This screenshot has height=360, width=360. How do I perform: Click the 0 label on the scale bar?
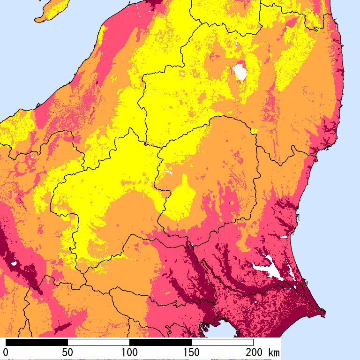pyautogui.click(x=6, y=352)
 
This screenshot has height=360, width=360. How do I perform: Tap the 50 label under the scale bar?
pyautogui.click(x=67, y=352)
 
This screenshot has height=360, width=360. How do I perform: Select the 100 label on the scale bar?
pyautogui.click(x=129, y=352)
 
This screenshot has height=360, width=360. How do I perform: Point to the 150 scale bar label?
pyautogui.click(x=191, y=352)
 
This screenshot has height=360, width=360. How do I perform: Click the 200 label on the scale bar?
pyautogui.click(x=253, y=352)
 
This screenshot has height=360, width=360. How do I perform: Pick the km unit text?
pyautogui.click(x=274, y=352)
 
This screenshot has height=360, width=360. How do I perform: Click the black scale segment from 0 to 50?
pyautogui.click(x=37, y=342)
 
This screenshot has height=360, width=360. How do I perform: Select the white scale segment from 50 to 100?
pyautogui.click(x=98, y=342)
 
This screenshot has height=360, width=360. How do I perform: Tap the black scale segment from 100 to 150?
pyautogui.click(x=160, y=342)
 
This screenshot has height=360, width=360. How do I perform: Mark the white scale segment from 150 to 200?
pyautogui.click(x=222, y=342)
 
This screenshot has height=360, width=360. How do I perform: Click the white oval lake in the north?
pyautogui.click(x=240, y=72)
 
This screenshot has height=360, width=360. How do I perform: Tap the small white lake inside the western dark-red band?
pyautogui.click(x=14, y=263)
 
